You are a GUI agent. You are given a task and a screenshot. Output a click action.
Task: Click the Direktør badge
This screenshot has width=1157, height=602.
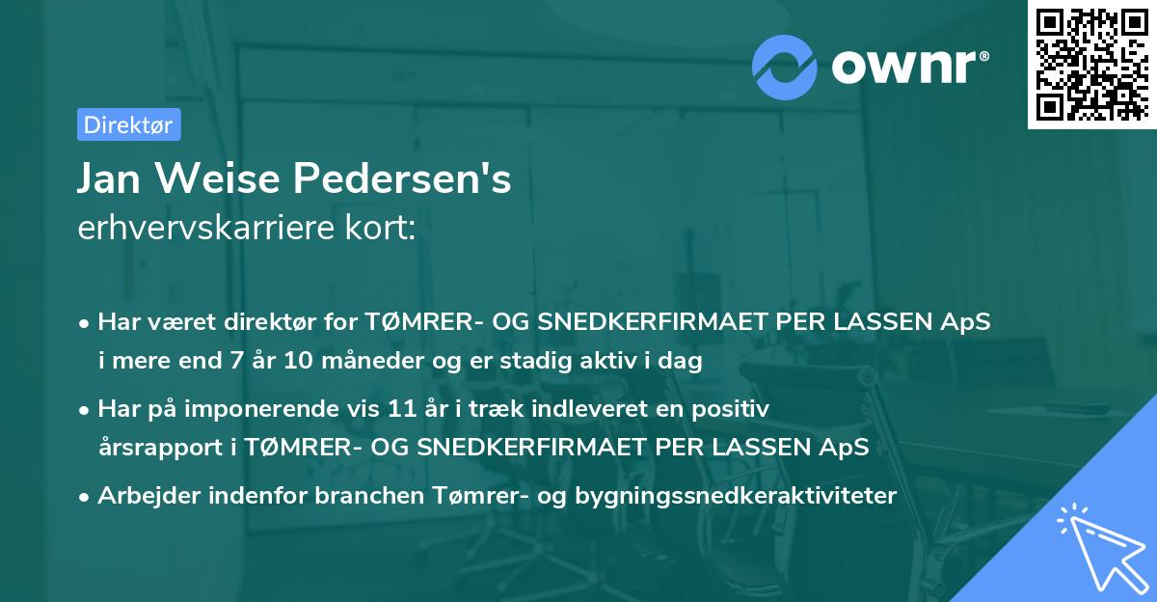(x=128, y=124)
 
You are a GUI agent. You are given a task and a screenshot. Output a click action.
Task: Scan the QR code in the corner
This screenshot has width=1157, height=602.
(x=1090, y=64)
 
